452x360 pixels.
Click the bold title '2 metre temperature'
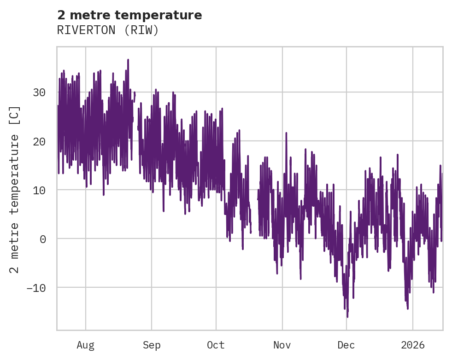129,15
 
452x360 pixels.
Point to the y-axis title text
15,190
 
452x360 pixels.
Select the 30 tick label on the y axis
39,92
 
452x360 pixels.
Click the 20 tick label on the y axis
39,141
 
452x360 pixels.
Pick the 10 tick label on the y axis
39,190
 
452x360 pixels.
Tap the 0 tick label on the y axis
42,238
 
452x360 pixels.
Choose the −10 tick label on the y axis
35,288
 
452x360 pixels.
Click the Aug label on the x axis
85,345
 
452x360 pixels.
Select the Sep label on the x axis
151,345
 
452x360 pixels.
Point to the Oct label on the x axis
216,345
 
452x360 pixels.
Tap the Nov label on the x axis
282,345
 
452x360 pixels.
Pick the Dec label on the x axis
346,345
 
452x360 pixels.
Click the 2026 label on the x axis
412,345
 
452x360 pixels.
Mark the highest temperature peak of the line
128,60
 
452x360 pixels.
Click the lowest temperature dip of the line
347,317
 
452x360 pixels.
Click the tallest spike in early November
286,133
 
